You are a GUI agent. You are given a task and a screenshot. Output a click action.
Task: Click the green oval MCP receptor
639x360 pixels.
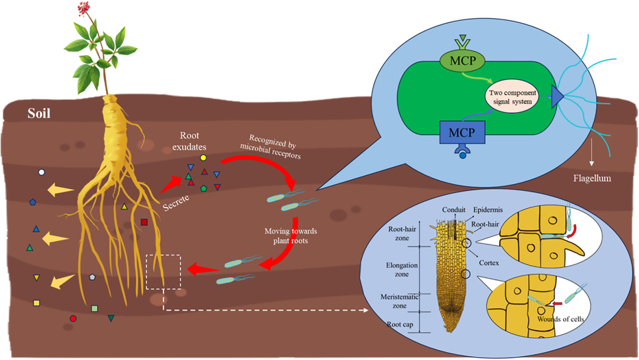coord(463,61)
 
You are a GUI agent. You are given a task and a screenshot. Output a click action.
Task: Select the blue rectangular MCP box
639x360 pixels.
coord(462,132)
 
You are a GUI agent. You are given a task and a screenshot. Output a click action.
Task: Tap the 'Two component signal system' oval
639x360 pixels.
coord(512,97)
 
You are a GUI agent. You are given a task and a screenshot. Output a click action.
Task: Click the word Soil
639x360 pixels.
coord(39,113)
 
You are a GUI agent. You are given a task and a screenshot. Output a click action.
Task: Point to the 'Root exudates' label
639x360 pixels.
coord(189,141)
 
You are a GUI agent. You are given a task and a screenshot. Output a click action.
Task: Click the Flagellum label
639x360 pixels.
coord(592,178)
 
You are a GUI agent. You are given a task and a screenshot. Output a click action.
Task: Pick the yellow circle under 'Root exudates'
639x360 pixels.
coord(203,158)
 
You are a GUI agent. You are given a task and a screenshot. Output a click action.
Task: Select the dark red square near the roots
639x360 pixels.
coord(144,222)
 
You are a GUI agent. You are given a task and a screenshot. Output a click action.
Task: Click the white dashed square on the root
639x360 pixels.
coord(163,272)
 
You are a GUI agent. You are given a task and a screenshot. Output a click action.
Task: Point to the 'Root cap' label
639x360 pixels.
coord(400,324)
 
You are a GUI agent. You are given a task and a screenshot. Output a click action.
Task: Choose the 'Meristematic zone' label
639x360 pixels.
coord(400,301)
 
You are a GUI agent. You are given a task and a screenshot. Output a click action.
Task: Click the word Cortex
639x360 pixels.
coord(489,263)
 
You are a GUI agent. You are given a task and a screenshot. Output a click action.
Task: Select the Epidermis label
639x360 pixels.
coord(488,210)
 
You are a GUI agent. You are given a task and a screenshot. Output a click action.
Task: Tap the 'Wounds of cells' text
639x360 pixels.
coord(561,319)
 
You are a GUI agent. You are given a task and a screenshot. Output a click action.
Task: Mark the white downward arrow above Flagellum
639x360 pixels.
coord(592,152)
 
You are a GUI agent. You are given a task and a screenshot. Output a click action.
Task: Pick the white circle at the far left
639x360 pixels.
coord(42,172)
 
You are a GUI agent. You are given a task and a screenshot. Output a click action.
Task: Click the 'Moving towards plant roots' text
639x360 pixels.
coord(290,236)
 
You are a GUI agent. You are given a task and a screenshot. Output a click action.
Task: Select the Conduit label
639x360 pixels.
coord(454,210)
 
